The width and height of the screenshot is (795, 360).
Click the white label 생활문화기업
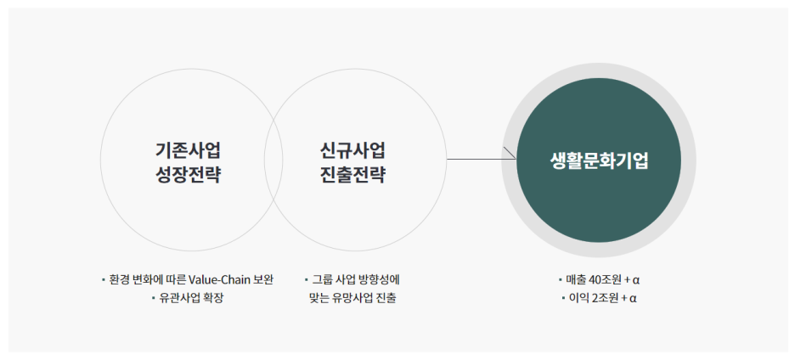point(599,161)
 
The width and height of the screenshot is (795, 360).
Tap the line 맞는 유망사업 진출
point(353,298)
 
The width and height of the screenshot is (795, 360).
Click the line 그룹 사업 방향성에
point(356,279)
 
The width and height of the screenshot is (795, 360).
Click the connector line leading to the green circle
point(476,159)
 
